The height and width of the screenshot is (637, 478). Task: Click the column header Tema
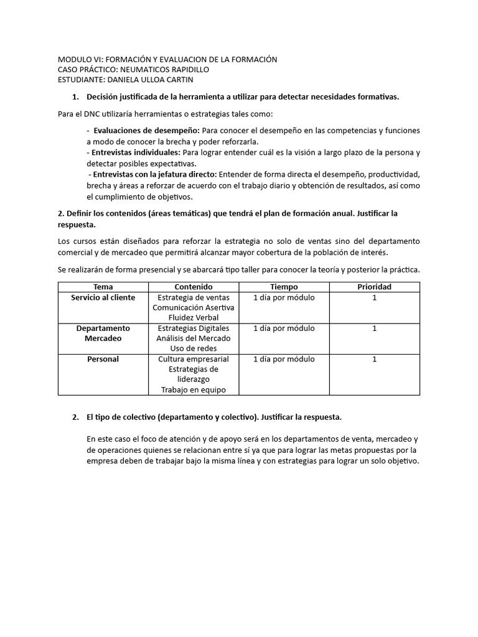103,287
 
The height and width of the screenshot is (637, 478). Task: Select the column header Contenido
194,287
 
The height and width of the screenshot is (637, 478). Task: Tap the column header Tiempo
284,287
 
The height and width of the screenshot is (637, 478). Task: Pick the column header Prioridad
374,287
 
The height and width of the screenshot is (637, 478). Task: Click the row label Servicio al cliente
103,297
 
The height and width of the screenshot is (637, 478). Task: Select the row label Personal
103,359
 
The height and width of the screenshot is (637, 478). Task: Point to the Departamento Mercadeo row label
103,333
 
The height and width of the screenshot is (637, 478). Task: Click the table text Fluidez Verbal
194,317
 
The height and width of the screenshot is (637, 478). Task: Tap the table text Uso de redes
194,348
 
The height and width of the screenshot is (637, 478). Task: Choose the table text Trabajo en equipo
194,389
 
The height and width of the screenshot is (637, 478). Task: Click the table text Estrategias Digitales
194,328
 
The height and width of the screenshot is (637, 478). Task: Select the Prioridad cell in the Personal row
374,359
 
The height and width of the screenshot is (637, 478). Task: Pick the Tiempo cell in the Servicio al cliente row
284,297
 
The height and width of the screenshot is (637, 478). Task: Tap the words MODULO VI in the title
78,59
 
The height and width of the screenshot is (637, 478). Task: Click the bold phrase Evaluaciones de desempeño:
146,131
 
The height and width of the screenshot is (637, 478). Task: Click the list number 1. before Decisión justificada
75,97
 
